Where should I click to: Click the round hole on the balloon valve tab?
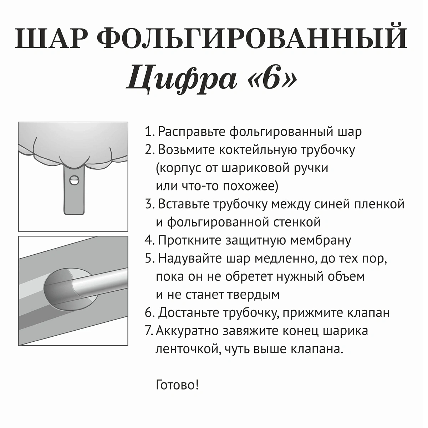pyautogui.click(x=75, y=180)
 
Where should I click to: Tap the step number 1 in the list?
pyautogui.click(x=148, y=132)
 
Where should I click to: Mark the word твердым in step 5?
pyautogui.click(x=253, y=295)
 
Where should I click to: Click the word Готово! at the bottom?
pyautogui.click(x=177, y=385)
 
